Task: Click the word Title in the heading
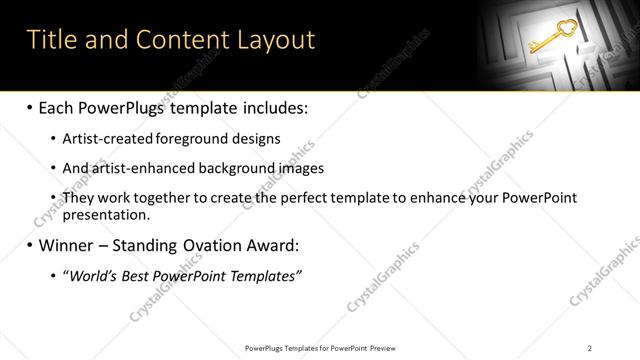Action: pos(51,40)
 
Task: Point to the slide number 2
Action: pos(590,348)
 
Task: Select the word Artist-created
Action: pos(108,139)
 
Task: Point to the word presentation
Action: pos(105,215)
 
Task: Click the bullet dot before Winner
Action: pos(29,245)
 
